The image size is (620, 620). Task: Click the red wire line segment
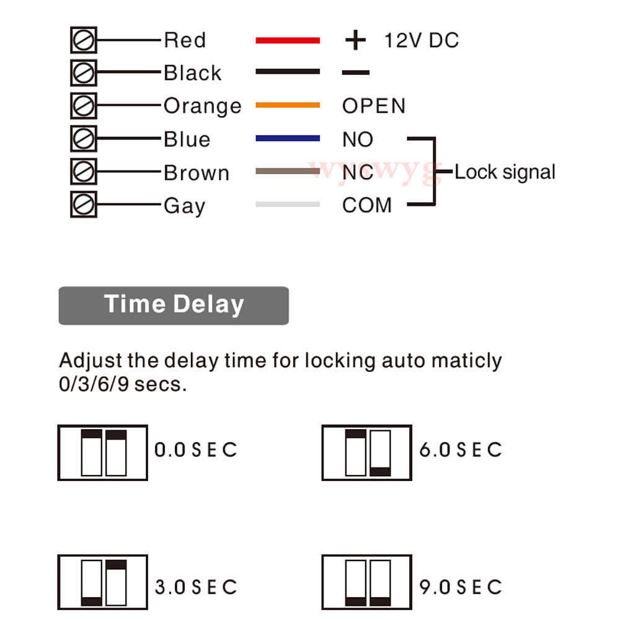coord(288,40)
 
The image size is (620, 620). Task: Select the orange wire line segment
coord(288,105)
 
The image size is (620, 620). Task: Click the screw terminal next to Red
coord(84,40)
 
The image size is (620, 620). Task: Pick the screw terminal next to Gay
coord(84,205)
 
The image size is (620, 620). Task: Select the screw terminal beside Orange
coord(84,106)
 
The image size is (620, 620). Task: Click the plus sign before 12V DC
coord(355,40)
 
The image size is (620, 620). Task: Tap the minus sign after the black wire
coord(355,73)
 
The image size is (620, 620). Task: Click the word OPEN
coord(373,106)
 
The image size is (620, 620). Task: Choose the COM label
coord(366,205)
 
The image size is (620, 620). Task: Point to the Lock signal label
coord(505,172)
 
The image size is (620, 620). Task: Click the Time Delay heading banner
coord(174,305)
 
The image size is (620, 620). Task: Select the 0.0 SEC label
coord(195,449)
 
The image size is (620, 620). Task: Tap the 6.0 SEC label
coord(460,449)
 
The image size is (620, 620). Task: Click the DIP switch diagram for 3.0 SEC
coord(103,582)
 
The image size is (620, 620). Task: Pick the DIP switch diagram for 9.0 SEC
coord(367,582)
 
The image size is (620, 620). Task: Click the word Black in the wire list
coord(192,73)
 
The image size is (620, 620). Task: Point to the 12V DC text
coord(422,41)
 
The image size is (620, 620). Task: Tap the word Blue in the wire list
coord(187,139)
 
